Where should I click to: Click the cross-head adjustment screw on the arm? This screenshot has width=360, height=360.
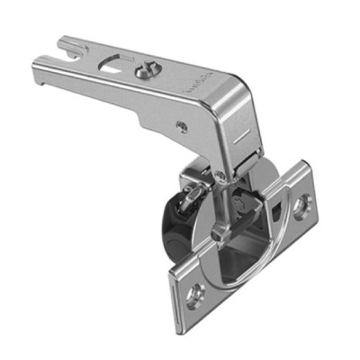[x=143, y=69]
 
